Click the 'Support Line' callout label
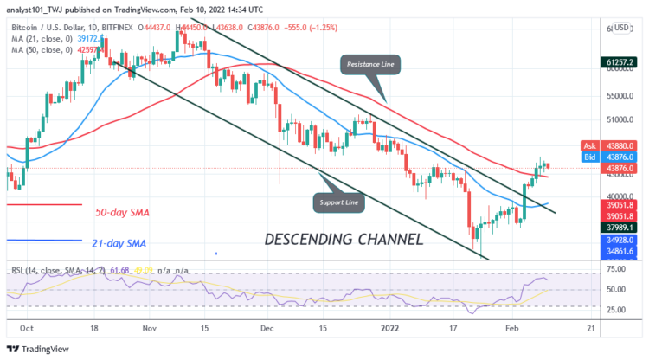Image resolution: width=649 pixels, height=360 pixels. click(337, 204)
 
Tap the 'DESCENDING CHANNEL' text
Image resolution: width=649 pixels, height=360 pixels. click(343, 239)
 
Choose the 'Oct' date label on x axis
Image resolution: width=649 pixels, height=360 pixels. click(25, 328)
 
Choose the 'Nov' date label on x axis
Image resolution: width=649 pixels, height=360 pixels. click(149, 328)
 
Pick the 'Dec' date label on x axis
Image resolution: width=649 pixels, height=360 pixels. click(267, 328)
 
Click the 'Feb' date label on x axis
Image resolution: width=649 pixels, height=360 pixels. click(512, 328)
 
